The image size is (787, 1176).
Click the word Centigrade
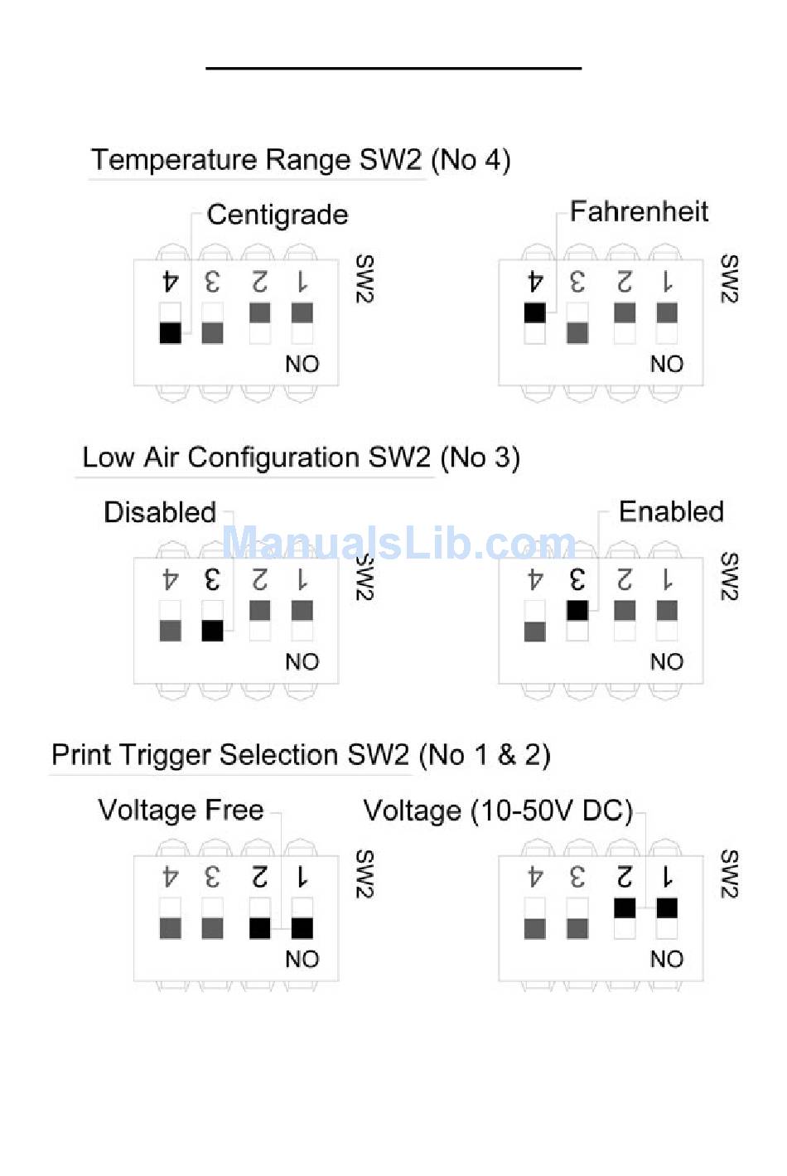pyautogui.click(x=278, y=215)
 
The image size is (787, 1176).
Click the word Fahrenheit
pyautogui.click(x=639, y=211)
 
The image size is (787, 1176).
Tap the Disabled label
pyautogui.click(x=160, y=512)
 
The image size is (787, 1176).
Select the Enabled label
pyautogui.click(x=671, y=511)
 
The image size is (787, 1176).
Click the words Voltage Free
pyautogui.click(x=181, y=809)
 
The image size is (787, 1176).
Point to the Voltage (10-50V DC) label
pyautogui.click(x=498, y=810)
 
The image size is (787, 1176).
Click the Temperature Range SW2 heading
pyautogui.click(x=300, y=159)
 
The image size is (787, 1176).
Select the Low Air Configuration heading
pyautogui.click(x=301, y=457)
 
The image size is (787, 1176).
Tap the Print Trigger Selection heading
pyautogui.click(x=300, y=754)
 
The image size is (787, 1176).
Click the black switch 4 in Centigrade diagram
pyautogui.click(x=170, y=332)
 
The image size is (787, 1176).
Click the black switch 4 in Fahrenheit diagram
pyautogui.click(x=535, y=312)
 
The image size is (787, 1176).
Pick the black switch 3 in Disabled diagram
pyautogui.click(x=212, y=631)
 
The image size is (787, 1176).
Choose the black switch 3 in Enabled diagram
pyautogui.click(x=577, y=610)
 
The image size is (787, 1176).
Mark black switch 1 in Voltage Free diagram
pyautogui.click(x=302, y=928)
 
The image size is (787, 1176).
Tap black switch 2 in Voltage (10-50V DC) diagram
pyautogui.click(x=625, y=907)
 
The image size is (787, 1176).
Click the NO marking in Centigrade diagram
pyautogui.click(x=302, y=364)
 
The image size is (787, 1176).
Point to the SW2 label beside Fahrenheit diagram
pyautogui.click(x=728, y=279)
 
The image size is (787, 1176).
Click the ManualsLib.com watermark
pyautogui.click(x=398, y=544)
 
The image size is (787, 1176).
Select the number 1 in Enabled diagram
pyautogui.click(x=667, y=579)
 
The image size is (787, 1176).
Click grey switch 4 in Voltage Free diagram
pyautogui.click(x=170, y=928)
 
